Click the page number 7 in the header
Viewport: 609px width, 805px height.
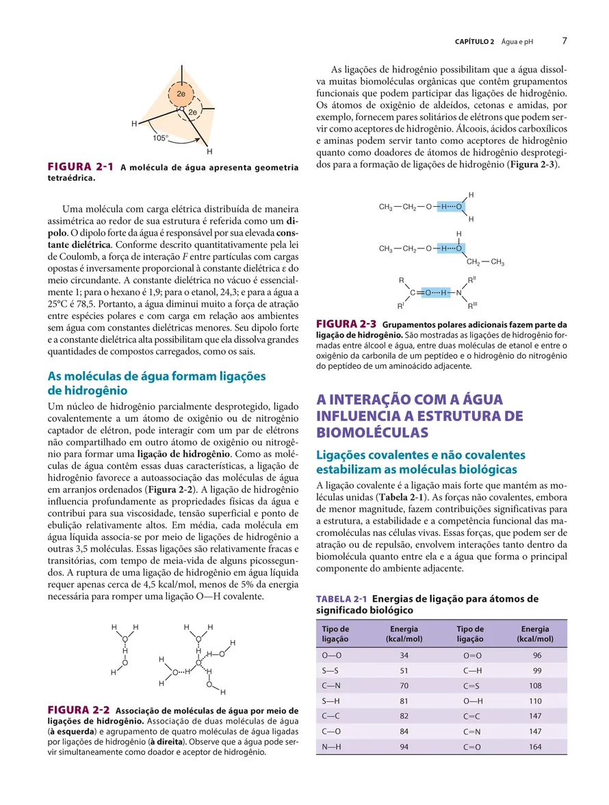pos(565,40)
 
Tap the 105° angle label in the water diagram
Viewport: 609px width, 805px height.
pos(161,138)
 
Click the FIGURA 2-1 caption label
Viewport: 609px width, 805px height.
pos(79,167)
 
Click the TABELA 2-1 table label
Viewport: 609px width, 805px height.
pos(341,600)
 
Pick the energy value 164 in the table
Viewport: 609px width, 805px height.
pos(537,747)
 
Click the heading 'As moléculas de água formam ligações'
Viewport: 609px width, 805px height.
pos(156,376)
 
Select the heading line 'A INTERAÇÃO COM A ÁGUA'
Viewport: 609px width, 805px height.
pos(409,400)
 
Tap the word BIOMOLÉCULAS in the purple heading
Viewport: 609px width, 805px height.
pos(372,433)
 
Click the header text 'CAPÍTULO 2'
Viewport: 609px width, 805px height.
pos(474,42)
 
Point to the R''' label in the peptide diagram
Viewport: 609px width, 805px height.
pos(471,305)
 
